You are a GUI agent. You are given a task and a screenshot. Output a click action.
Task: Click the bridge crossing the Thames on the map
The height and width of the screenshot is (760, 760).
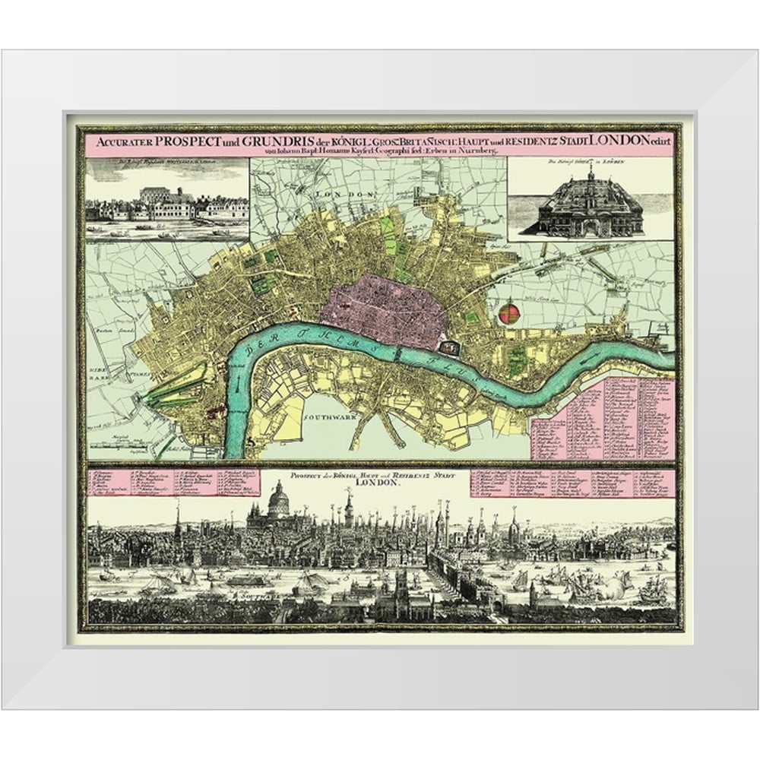pos(397,355)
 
